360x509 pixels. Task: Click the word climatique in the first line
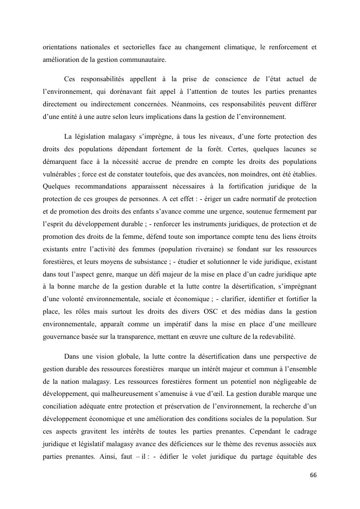(x=241, y=47)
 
